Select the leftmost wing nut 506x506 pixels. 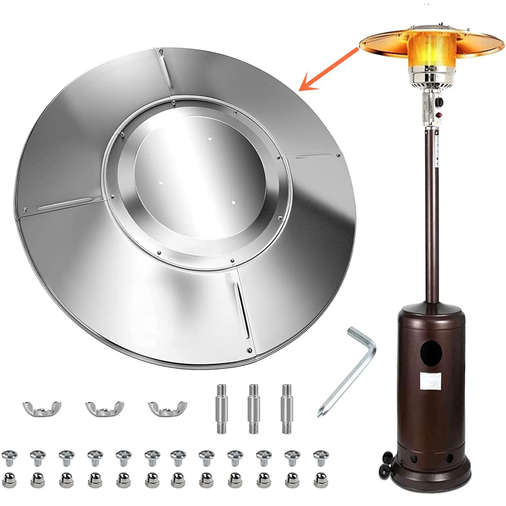click(42, 408)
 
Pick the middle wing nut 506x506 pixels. click(105, 408)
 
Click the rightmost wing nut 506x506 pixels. click(168, 408)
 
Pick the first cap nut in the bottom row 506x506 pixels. click(9, 479)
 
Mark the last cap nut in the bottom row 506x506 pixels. click(321, 479)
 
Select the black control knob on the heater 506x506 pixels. click(439, 102)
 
